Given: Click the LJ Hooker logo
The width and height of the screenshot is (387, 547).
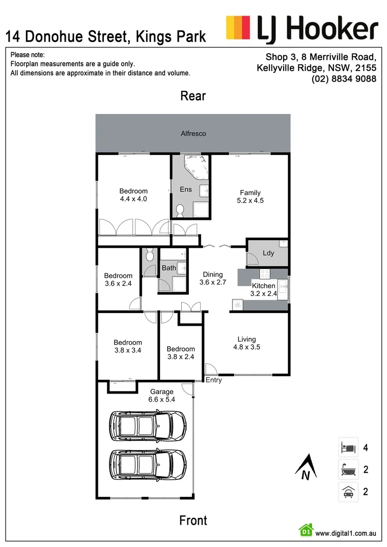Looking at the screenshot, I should coord(301,28).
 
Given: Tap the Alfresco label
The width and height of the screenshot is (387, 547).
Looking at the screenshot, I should coord(193,134).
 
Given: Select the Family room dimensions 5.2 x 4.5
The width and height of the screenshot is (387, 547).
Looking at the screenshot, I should coord(250,200).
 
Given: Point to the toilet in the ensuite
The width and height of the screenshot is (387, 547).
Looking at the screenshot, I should coord(179,209).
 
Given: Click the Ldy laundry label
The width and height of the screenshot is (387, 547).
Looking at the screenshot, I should coord(268,253).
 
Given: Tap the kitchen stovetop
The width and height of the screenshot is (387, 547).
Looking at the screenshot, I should coord(264,273).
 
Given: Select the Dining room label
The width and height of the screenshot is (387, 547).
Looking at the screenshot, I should coord(213,275).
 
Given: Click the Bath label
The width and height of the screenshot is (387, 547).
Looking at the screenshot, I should coord(169,268).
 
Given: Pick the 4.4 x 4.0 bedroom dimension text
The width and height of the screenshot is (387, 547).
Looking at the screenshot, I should coord(133,199).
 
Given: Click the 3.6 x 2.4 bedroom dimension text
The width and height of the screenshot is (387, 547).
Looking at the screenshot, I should coord(118,284).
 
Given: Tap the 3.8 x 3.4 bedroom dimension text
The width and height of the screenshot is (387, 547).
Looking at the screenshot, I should coord(128,350).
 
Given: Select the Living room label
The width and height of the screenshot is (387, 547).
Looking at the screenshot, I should coord(247,339).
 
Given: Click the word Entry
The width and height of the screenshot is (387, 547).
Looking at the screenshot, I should coord(213,380).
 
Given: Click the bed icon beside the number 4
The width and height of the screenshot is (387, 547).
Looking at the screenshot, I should coord(348,447).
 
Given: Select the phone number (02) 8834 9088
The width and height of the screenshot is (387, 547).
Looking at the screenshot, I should coord(344,79).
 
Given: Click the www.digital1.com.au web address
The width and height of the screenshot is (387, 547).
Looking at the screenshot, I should coord(345,533).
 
